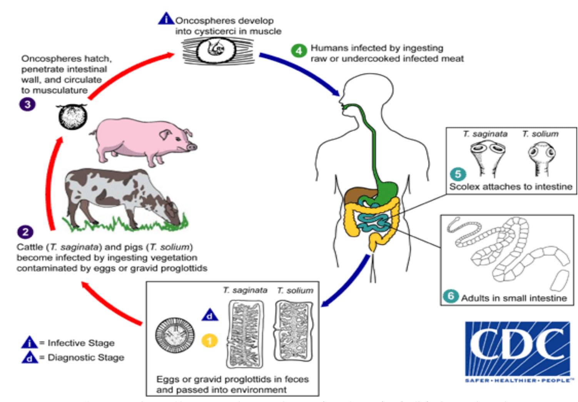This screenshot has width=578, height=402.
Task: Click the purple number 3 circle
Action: point(27,104)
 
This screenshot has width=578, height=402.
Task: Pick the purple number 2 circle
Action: point(25,232)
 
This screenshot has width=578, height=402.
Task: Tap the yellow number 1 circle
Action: point(210,341)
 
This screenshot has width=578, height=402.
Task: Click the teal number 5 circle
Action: point(458,174)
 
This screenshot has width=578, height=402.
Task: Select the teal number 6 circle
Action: point(451,296)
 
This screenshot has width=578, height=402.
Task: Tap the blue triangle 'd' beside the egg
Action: point(210,315)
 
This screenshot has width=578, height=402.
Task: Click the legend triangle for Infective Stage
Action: point(30,342)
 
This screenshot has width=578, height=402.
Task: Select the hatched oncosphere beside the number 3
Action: point(72,116)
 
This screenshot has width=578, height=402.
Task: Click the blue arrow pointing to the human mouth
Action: point(300,73)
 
